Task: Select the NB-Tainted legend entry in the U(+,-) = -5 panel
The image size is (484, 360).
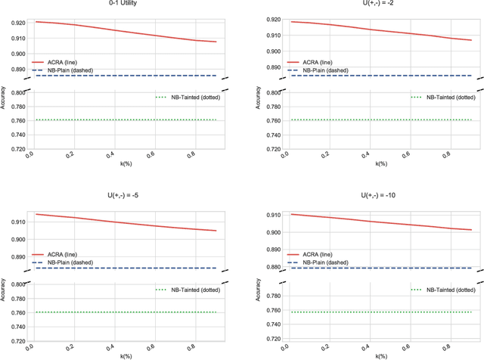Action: point(186,289)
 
